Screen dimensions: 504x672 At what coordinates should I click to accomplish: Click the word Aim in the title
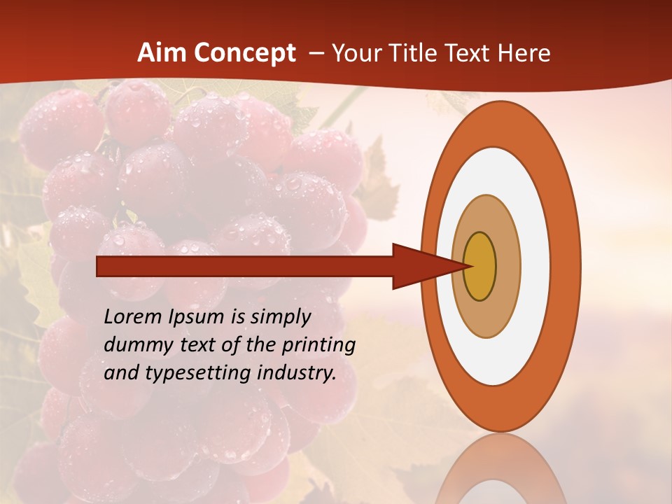point(161,53)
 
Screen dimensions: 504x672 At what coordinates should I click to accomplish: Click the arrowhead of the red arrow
point(427,266)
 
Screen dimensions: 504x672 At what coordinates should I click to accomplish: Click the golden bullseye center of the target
point(480,266)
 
